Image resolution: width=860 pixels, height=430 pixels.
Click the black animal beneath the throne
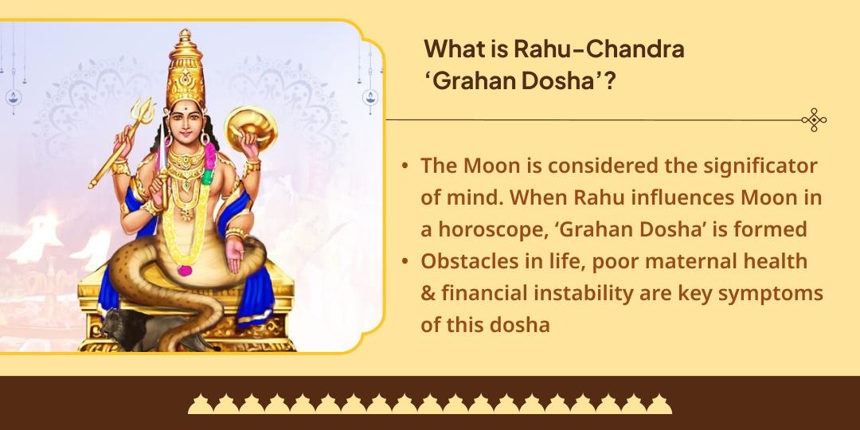click(x=127, y=326)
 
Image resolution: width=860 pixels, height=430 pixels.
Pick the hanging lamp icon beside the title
click(x=369, y=97)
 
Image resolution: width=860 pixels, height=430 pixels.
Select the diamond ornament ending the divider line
click(x=814, y=120)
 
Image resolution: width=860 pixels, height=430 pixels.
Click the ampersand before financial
click(x=428, y=293)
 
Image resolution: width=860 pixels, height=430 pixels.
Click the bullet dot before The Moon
click(x=405, y=166)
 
